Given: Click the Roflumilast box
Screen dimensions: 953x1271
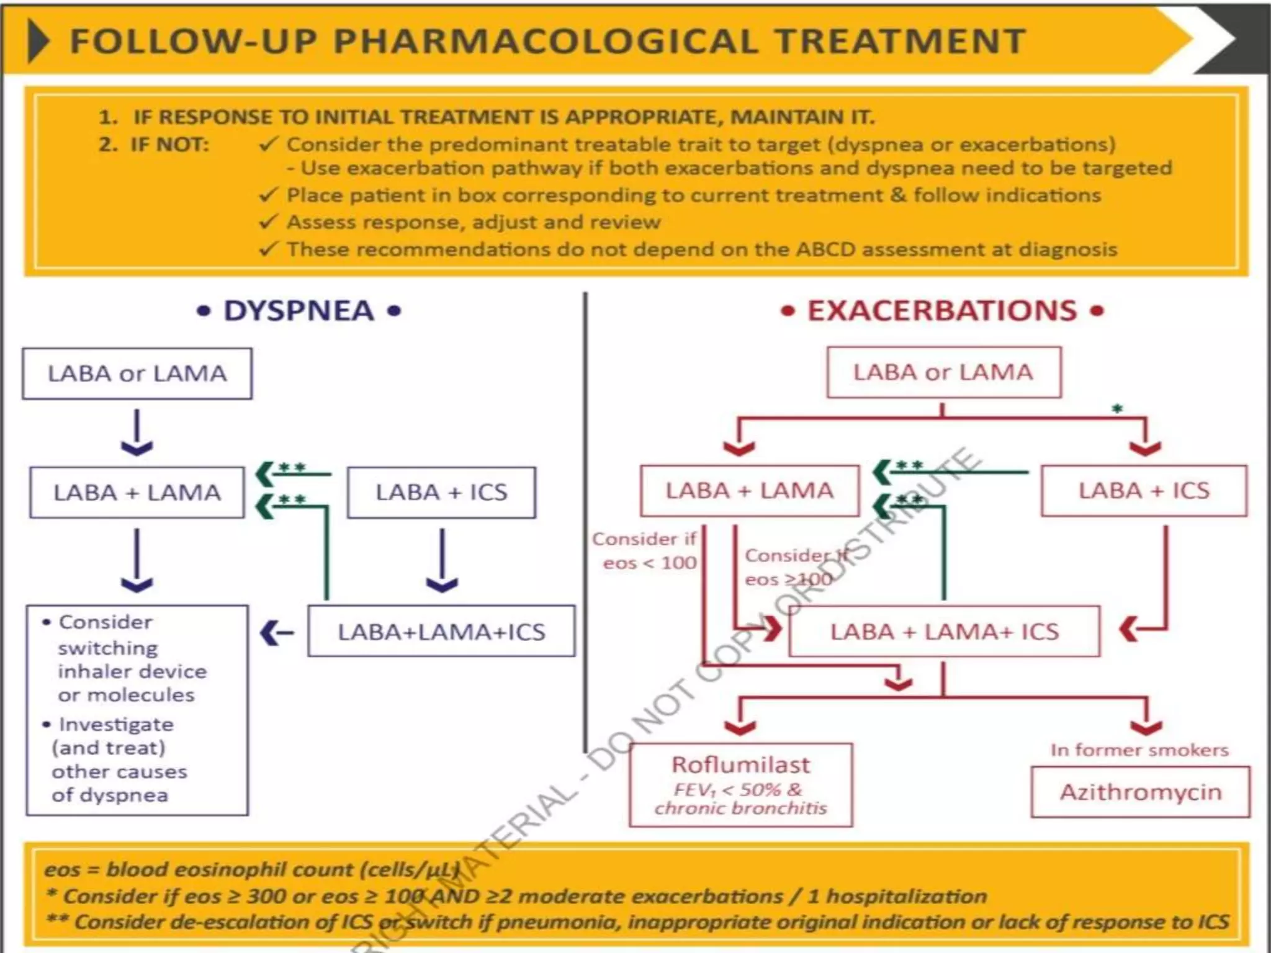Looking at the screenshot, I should (x=741, y=785).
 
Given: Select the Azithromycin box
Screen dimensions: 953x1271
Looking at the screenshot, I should (x=1140, y=792).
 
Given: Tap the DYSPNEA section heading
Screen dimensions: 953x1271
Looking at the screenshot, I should (x=299, y=311).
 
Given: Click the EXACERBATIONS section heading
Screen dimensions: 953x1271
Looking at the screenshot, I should (x=942, y=311).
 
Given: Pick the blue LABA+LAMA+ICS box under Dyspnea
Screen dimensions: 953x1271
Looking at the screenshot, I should (x=441, y=632).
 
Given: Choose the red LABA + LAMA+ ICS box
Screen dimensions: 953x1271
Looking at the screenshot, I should (x=944, y=632).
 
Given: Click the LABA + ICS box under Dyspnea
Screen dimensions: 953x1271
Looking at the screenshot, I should (x=441, y=493).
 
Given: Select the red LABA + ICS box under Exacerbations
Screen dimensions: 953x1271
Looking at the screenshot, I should (x=1144, y=491).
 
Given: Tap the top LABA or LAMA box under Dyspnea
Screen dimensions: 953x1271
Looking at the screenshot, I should (x=137, y=374).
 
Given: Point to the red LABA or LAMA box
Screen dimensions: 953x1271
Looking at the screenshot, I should (x=943, y=372).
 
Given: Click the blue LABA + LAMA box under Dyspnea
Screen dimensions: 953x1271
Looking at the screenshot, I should (x=137, y=493).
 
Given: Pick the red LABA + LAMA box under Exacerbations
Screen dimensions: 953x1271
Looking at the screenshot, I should (x=750, y=491).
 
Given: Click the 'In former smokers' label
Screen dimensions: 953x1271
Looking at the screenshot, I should (x=1139, y=750).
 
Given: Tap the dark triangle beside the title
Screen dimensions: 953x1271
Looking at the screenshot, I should (x=38, y=41).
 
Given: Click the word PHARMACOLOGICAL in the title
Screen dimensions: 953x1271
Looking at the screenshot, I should (x=546, y=42).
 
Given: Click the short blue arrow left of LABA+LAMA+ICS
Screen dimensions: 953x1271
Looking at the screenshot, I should (x=277, y=633).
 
